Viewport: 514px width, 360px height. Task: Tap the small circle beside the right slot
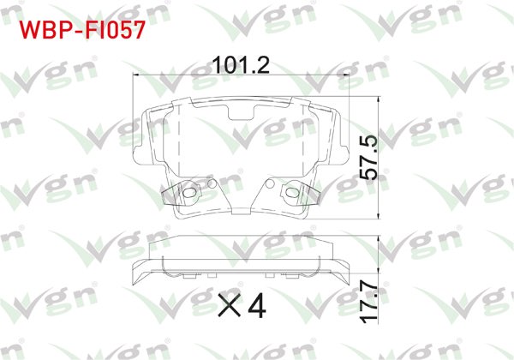point(272,183)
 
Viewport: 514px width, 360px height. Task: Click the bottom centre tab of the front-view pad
point(240,211)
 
